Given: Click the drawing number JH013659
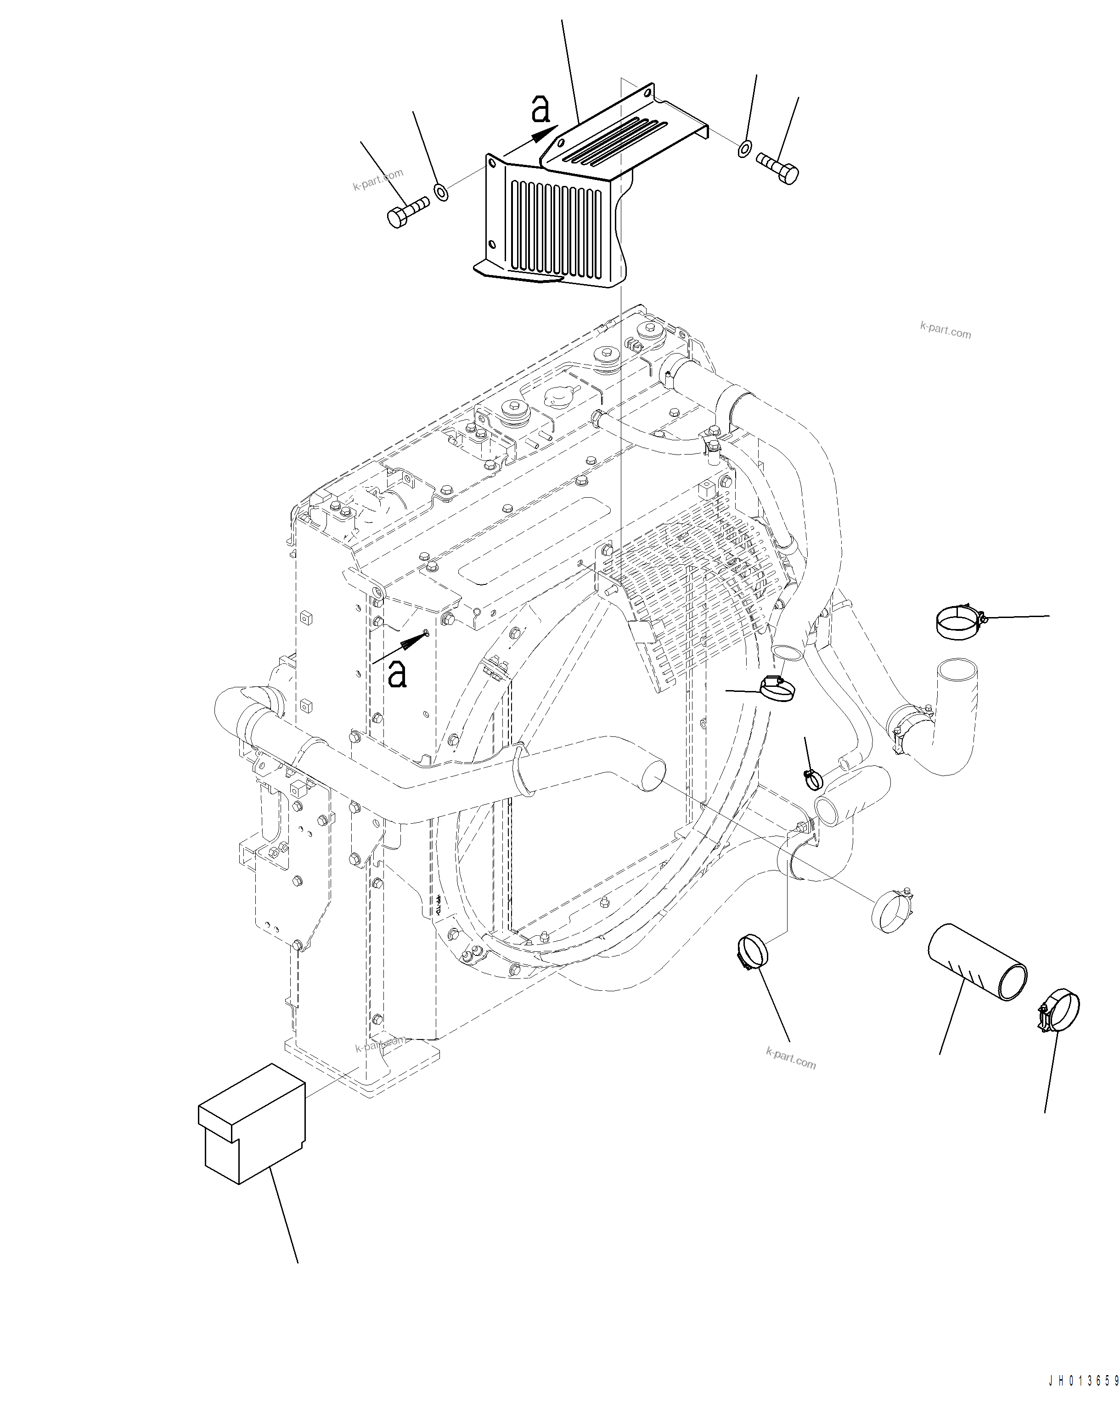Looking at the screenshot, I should [x=1083, y=1393].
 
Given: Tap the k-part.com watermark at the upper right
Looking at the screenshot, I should [x=946, y=330].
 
